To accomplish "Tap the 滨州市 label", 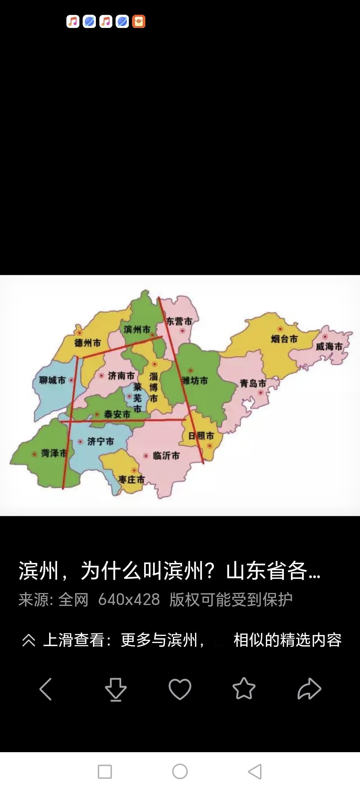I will click(x=137, y=330).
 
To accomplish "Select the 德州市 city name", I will click(x=87, y=343).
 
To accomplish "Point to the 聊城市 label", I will click(x=52, y=380).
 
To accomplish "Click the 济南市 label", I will click(x=121, y=375).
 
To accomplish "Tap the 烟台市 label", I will click(x=284, y=339).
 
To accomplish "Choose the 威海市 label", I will click(x=329, y=346).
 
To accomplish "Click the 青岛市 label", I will click(x=253, y=383).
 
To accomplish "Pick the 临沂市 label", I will click(x=166, y=456).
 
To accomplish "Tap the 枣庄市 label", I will click(x=132, y=479).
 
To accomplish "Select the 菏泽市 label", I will click(x=54, y=453).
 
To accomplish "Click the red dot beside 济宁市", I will click(x=80, y=442).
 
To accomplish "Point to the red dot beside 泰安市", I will click(x=97, y=415).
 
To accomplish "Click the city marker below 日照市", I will click(x=210, y=446).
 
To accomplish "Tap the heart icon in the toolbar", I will click(x=180, y=689).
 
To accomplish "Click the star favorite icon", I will click(x=244, y=689).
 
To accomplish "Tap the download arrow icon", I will click(x=116, y=689).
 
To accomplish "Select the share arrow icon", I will click(x=309, y=689).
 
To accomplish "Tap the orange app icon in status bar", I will click(x=139, y=21).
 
